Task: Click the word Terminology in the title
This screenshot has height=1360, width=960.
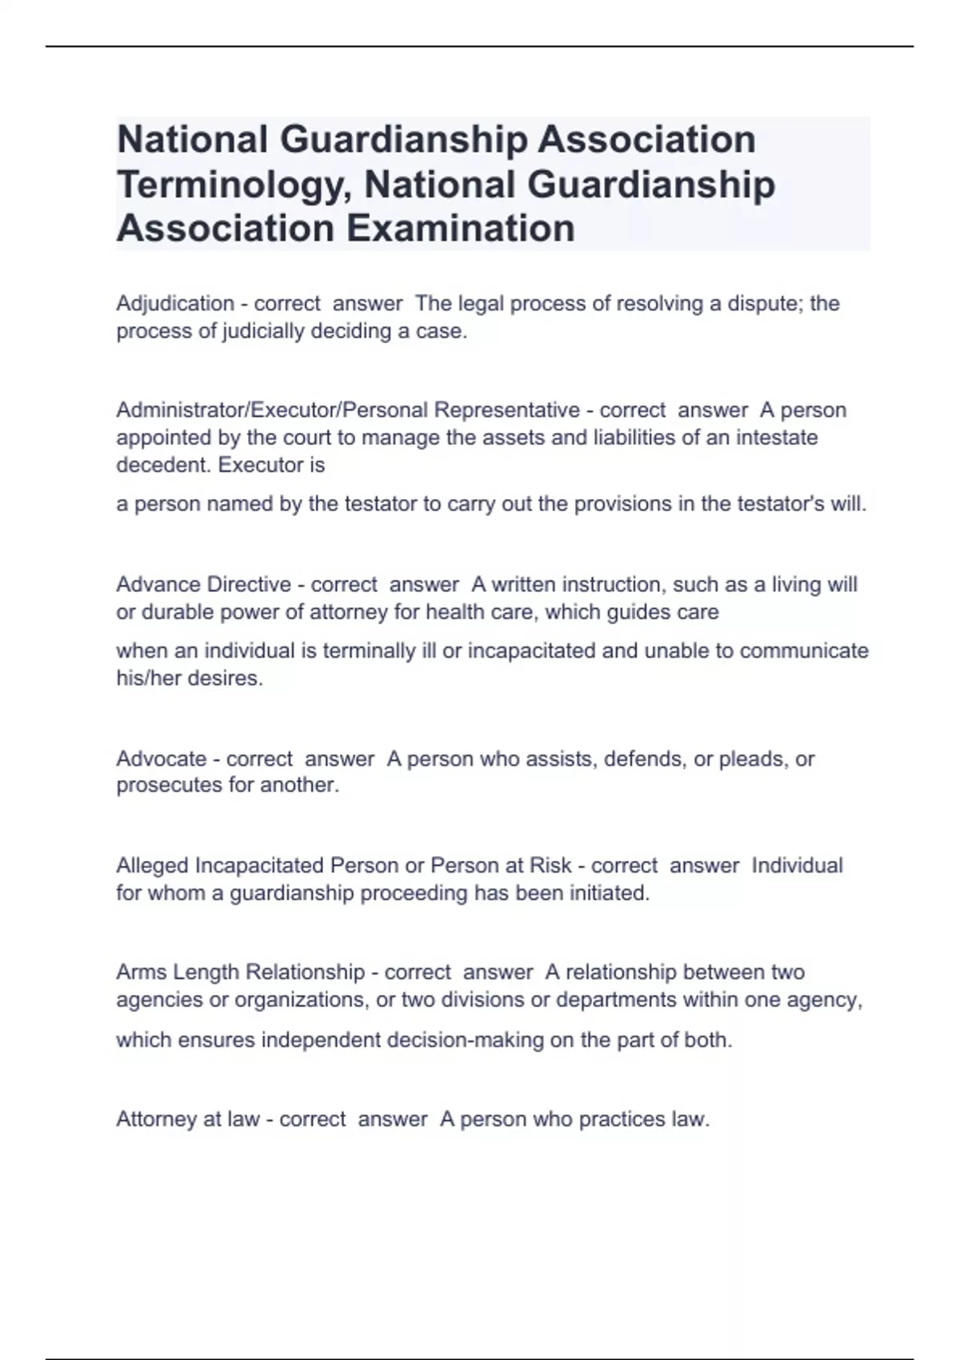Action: [235, 185]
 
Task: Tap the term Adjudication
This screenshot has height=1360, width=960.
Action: [175, 304]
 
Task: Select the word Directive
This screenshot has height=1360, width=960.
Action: [249, 585]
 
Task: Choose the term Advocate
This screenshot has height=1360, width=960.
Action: [162, 758]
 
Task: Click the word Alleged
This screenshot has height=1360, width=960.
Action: [153, 866]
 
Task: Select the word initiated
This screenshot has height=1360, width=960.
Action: [609, 893]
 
